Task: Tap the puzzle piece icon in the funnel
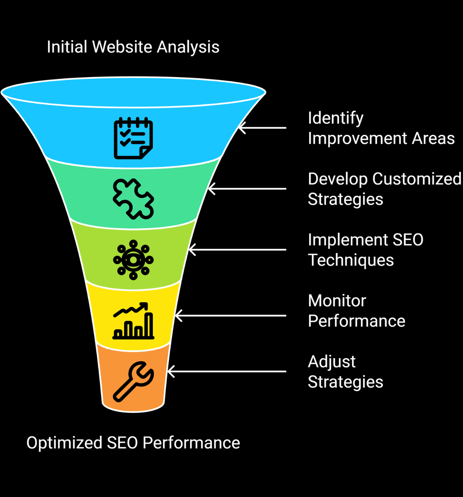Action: point(133,199)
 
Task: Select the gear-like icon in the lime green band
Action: point(133,260)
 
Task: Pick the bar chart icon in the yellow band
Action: point(133,321)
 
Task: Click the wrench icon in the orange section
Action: point(133,381)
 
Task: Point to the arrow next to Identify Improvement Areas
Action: point(262,128)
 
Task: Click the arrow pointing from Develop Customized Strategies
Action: point(247,189)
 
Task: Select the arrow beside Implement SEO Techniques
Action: point(237,249)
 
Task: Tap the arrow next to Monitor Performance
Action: point(231,316)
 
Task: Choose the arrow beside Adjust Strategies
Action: point(227,372)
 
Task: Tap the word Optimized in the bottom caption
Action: point(64,443)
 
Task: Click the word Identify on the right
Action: point(335,118)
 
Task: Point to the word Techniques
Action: point(350,260)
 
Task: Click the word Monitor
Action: point(337,301)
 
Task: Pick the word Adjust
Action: point(331,362)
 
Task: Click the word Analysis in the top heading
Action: point(188,47)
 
